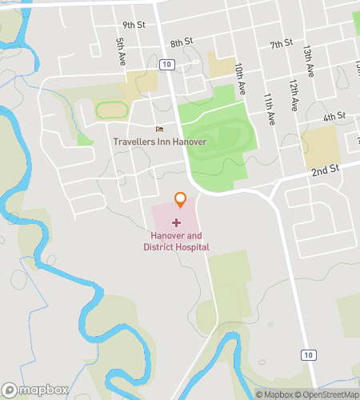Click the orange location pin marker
pos(181,199)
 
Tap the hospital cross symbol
pos(176,222)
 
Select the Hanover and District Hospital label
pos(176,242)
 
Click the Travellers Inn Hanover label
pos(159,142)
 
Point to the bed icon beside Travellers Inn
pos(159,130)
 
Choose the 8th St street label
pos(182,41)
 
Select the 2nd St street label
pos(326,170)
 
